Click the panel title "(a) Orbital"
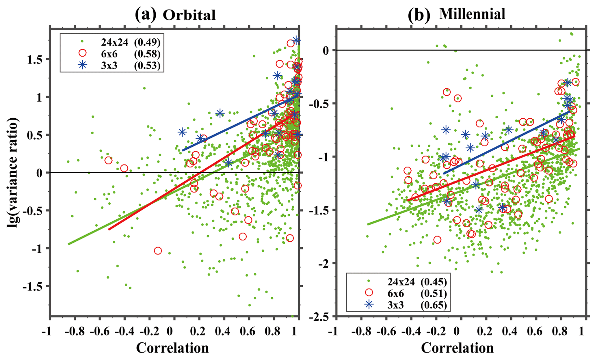pos(175,15)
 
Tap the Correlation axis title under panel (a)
pos(172,348)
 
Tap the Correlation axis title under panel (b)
pos(457,348)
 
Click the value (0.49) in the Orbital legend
pos(147,42)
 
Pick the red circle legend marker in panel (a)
pos(83,53)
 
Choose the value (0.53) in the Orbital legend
pos(147,65)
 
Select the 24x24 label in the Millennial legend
pos(401,282)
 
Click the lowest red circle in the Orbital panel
pos(158,251)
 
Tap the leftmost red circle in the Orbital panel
pos(108,160)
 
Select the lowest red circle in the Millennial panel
pos(437,240)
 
